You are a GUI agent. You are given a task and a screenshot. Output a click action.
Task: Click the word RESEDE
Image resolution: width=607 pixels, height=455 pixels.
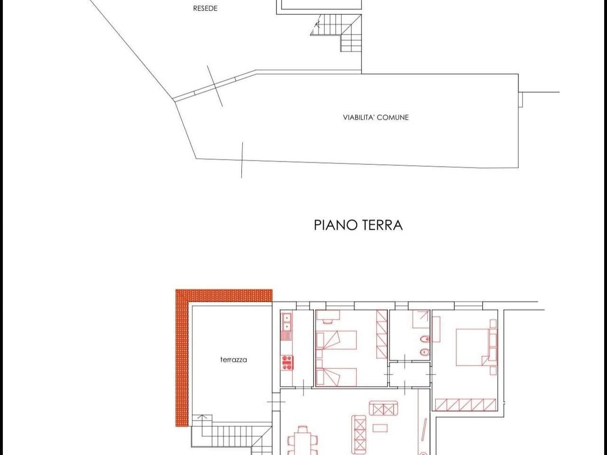click(205, 9)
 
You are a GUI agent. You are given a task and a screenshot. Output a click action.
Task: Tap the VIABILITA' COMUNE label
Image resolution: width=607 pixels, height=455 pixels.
click(376, 117)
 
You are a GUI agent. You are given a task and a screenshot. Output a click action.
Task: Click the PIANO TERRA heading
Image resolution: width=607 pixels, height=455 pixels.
click(358, 225)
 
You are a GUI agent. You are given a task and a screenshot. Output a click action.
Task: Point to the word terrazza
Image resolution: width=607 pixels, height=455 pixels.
click(233, 360)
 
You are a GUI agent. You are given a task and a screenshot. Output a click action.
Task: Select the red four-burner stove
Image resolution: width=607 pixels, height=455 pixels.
click(287, 363)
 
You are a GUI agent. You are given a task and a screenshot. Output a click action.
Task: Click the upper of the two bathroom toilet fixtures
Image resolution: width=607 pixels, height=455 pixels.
click(425, 339)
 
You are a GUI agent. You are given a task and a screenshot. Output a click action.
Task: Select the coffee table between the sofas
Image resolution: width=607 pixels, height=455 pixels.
click(379, 428)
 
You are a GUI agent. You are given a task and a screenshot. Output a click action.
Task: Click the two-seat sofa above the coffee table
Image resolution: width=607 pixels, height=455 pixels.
click(382, 408)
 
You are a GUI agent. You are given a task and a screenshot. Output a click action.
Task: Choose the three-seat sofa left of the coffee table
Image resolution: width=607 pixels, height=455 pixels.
click(359, 433)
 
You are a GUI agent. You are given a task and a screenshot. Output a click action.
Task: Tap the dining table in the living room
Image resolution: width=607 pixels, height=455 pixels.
click(302, 441)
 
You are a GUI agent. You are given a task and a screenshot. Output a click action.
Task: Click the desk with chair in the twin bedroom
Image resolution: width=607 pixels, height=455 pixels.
click(329, 316)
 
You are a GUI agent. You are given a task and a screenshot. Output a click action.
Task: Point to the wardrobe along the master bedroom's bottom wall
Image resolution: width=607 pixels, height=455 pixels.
click(465, 405)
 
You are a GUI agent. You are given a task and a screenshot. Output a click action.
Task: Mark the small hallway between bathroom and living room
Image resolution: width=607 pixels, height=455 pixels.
click(409, 374)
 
